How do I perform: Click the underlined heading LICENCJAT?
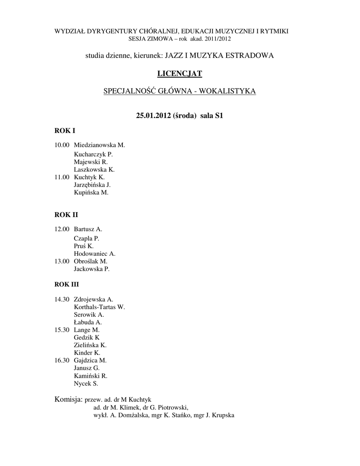click(x=180, y=73)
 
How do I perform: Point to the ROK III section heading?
click(x=66, y=284)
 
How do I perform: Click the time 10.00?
click(x=62, y=145)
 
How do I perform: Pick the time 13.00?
click(x=62, y=262)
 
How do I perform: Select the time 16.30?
click(x=62, y=360)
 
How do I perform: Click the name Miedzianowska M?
click(x=99, y=145)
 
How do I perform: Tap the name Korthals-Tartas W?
click(x=99, y=307)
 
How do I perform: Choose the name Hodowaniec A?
click(x=94, y=254)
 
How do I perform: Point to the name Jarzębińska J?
click(x=92, y=185)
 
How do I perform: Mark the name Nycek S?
click(x=86, y=384)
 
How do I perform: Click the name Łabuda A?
click(x=87, y=322)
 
